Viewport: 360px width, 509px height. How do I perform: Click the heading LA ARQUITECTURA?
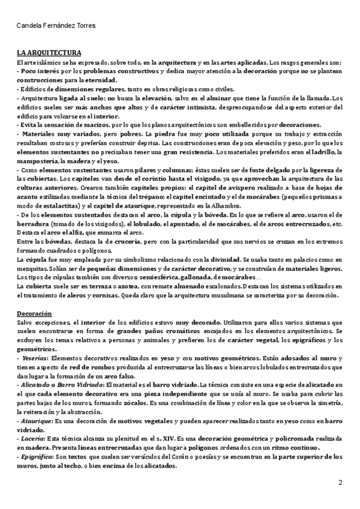(49, 53)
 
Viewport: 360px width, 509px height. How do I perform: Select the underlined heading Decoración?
(34, 313)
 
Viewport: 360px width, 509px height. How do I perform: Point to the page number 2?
(340, 482)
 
